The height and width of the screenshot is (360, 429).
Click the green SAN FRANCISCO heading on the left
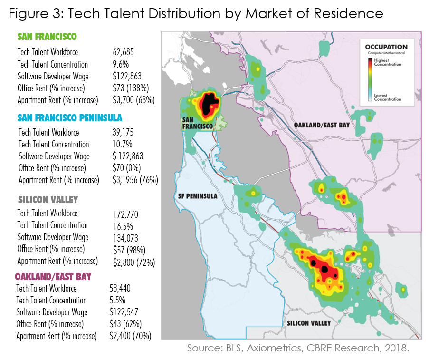pyautogui.click(x=47, y=37)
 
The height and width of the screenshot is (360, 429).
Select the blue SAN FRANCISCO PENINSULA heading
pyautogui.click(x=70, y=117)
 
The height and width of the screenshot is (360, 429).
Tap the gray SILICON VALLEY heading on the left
pyautogui.click(x=48, y=200)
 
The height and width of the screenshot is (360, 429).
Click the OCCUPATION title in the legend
pyautogui.click(x=386, y=47)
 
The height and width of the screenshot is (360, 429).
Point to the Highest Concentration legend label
pyautogui.click(x=387, y=62)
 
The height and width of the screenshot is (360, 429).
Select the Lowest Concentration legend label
pyautogui.click(x=387, y=97)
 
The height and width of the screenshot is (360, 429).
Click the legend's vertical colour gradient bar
pyautogui.click(x=370, y=80)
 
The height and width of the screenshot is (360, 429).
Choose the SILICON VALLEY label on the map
pyautogui.click(x=309, y=323)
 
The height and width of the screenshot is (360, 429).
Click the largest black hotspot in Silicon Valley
pyautogui.click(x=324, y=270)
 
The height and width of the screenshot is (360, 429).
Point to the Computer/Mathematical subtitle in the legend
pyautogui.click(x=386, y=53)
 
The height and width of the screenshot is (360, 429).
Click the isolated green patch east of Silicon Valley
pyautogui.click(x=402, y=289)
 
